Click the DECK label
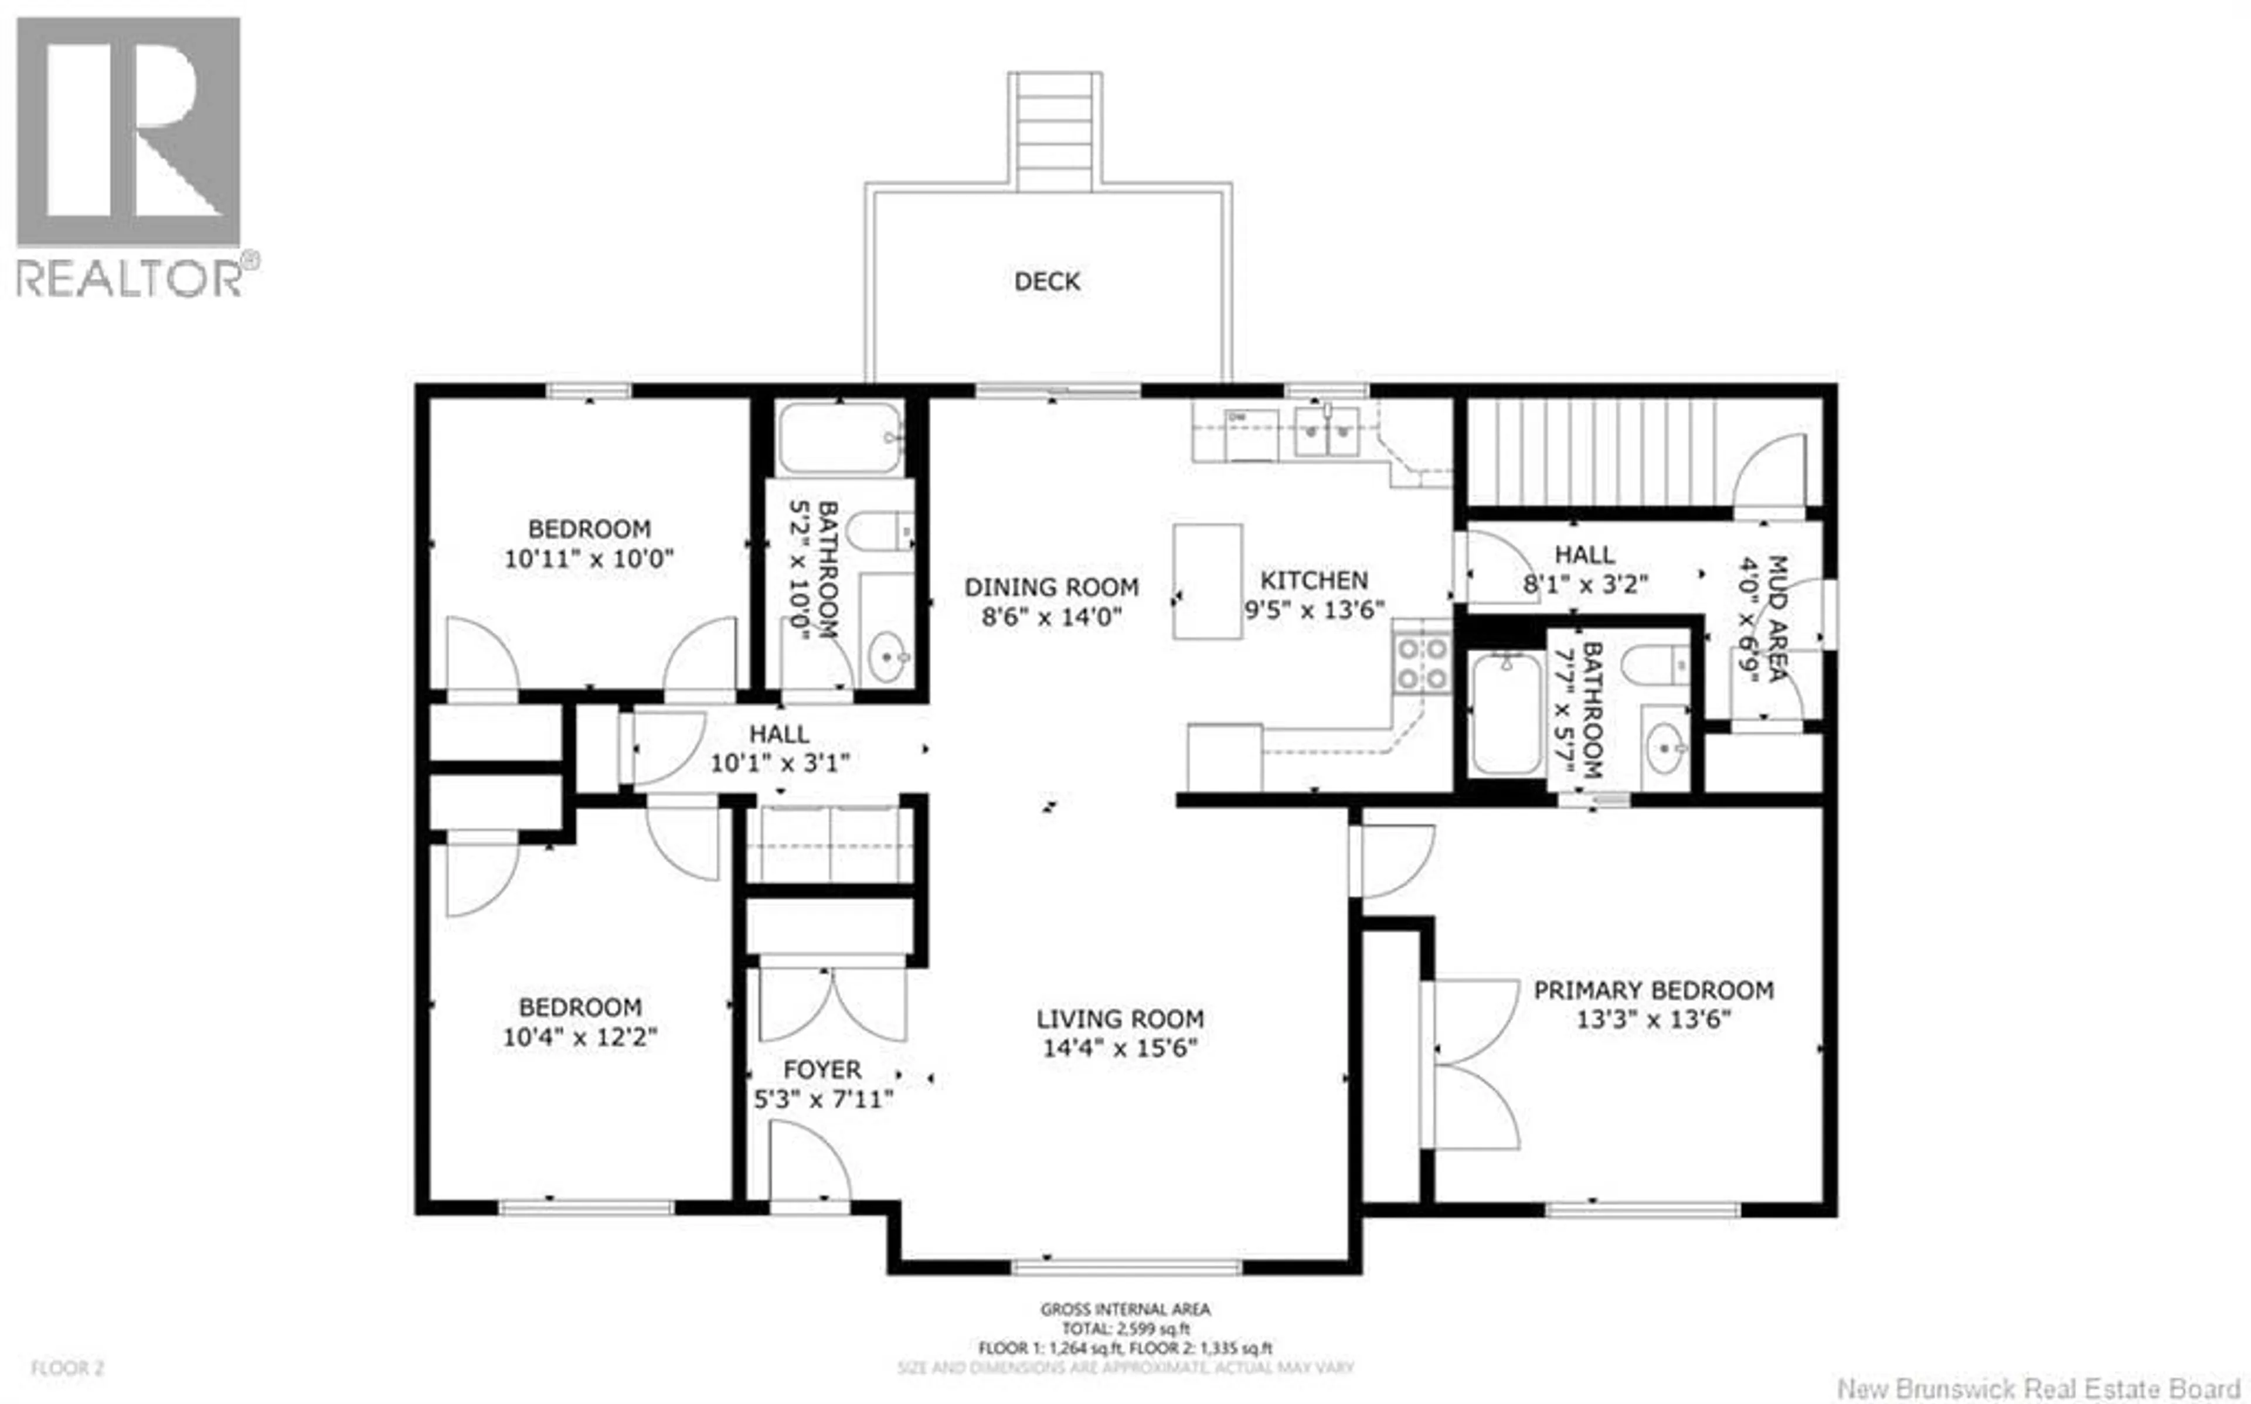tap(1046, 281)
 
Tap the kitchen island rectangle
tap(1207, 581)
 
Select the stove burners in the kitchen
tap(1422, 663)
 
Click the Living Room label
tap(1120, 1018)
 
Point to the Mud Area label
tap(1776, 618)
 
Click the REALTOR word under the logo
tap(130, 278)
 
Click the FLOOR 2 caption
tap(67, 1368)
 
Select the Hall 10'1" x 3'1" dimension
tap(780, 764)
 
